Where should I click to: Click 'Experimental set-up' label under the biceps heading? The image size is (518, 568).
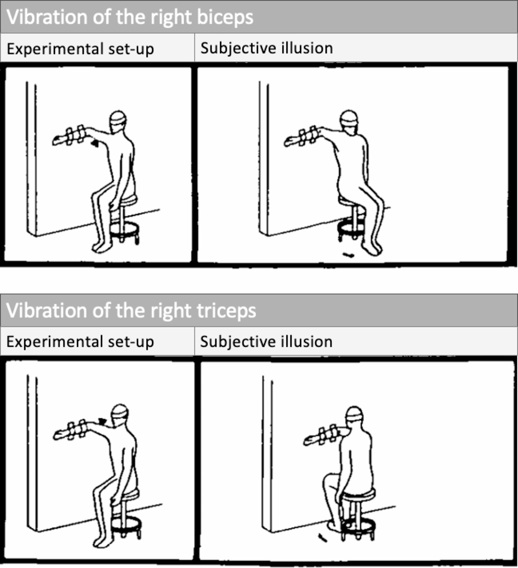80,49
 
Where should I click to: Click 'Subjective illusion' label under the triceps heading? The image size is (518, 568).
266,342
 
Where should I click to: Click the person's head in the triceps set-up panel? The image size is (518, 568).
120,413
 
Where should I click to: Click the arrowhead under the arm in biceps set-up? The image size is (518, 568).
94,144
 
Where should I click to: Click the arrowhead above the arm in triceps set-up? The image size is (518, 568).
102,422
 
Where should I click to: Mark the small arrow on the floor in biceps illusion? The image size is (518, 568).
348,255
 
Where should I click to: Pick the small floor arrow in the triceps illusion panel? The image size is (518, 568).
323,538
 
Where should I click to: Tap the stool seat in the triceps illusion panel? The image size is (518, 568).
358,493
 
